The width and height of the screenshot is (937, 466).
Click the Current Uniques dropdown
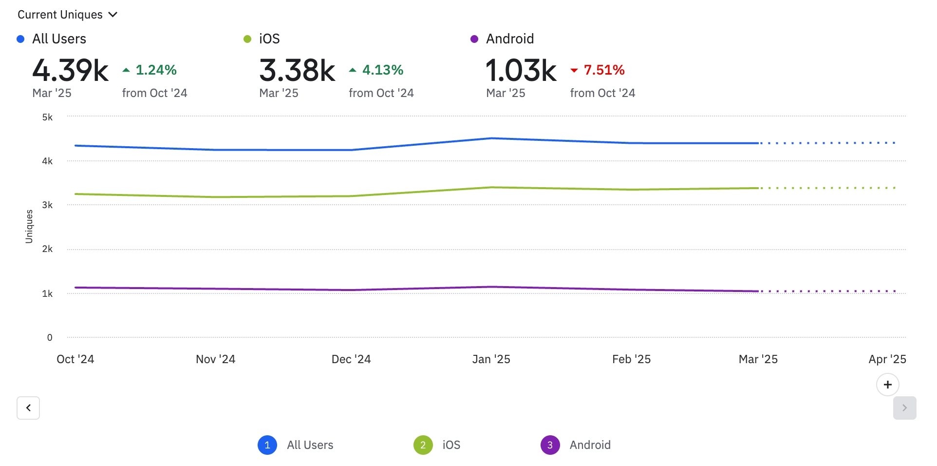click(x=67, y=15)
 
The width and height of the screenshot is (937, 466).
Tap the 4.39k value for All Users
click(x=70, y=70)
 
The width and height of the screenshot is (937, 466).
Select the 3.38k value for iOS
click(x=297, y=70)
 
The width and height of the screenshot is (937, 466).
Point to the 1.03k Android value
click(x=521, y=70)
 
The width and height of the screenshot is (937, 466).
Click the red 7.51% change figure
click(x=604, y=70)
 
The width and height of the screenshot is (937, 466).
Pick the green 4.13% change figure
click(x=383, y=70)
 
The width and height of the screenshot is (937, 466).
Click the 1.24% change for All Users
click(x=156, y=70)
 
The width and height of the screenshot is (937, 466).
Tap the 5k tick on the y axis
click(x=47, y=117)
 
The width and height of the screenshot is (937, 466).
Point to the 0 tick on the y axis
click(x=50, y=337)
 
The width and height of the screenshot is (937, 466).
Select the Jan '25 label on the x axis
click(x=491, y=359)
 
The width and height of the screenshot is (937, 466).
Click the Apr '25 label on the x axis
click(x=887, y=359)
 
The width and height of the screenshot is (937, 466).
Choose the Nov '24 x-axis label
click(x=215, y=359)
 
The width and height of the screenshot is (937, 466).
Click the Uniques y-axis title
click(x=29, y=226)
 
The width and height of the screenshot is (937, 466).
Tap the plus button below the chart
click(x=887, y=385)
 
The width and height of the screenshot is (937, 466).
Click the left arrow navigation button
click(x=28, y=408)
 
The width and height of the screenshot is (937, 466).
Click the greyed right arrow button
click(x=904, y=408)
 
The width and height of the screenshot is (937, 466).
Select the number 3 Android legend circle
click(x=550, y=445)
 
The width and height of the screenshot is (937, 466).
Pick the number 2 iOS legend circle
click(x=423, y=445)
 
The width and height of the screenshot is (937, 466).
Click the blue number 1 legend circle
click(x=267, y=445)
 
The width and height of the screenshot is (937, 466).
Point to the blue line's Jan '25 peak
click(x=492, y=138)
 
